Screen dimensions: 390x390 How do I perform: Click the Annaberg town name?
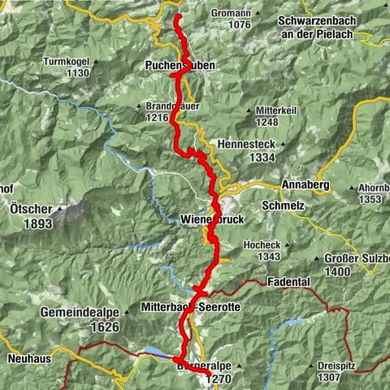point(305,185)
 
